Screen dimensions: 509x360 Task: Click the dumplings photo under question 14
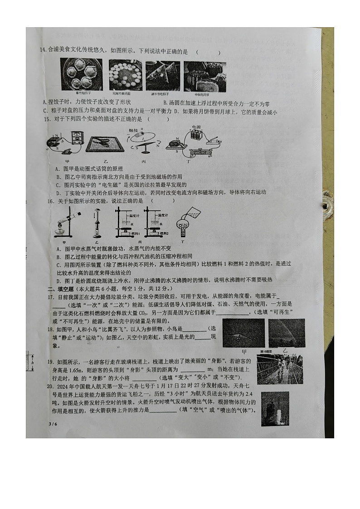pos(82,74)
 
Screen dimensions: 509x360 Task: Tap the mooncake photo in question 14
pos(204,75)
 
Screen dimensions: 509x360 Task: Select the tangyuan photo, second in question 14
pos(125,75)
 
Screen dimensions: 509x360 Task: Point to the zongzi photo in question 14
pos(163,75)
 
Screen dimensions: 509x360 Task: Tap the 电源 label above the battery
pos(196,128)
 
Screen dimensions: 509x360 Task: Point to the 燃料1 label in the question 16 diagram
pos(133,233)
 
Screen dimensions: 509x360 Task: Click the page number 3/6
pos(53,423)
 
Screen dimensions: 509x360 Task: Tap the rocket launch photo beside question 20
pos(275,409)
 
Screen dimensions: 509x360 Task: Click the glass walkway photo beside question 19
pos(279,369)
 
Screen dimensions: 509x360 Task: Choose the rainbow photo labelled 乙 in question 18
pos(287,333)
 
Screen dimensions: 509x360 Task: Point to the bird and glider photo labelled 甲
pos(243,333)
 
